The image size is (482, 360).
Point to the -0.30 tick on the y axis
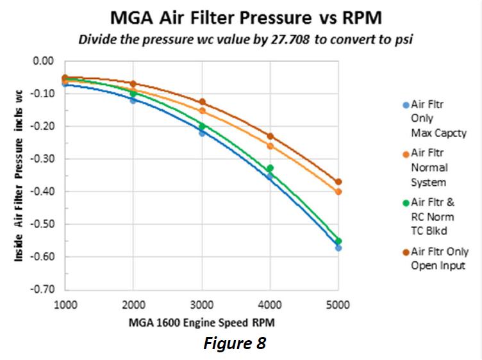click(44, 159)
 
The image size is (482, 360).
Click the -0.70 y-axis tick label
click(44, 290)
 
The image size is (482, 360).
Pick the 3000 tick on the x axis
click(202, 305)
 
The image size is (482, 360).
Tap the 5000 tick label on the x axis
click(338, 305)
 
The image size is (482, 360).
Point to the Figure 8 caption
click(234, 343)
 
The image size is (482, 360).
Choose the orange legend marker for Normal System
click(405, 153)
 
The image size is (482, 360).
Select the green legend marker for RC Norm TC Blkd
click(405, 202)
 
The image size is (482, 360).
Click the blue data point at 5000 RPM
click(338, 248)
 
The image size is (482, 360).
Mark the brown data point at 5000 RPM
click(338, 182)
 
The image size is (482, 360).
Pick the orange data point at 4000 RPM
click(270, 146)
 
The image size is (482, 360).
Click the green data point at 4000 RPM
click(270, 168)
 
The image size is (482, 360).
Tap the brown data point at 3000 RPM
click(202, 102)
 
